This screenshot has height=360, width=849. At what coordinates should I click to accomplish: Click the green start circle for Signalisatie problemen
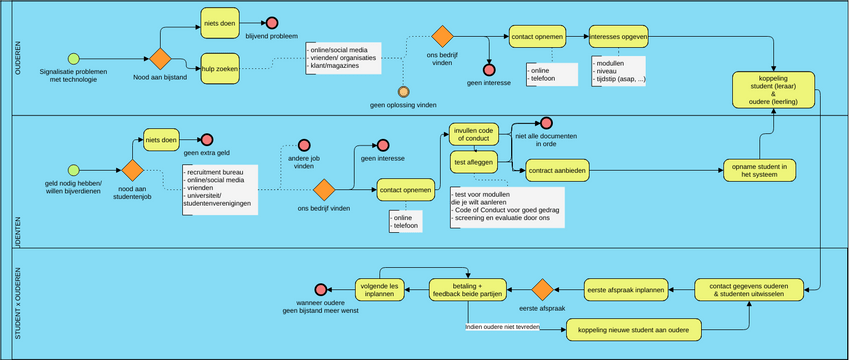pos(72,58)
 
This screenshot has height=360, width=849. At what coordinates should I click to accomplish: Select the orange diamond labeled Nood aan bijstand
pos(161,59)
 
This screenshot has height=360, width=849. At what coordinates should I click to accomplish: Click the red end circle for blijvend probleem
pos(271,23)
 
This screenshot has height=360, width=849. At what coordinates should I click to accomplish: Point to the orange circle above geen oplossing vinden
pos(404,91)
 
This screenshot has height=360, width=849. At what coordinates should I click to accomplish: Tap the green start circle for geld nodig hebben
pos(72,169)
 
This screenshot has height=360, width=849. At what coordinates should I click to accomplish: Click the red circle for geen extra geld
pos(207,141)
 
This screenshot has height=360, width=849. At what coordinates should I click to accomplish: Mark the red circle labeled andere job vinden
pos(298,146)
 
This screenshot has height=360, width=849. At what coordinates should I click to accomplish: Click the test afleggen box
pos(473,161)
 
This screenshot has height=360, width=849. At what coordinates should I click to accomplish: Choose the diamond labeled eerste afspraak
pos(542,290)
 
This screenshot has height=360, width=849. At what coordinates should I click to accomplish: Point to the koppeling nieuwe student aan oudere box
pos(633,327)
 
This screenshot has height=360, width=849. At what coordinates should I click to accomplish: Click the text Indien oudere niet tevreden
pos(504,326)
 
